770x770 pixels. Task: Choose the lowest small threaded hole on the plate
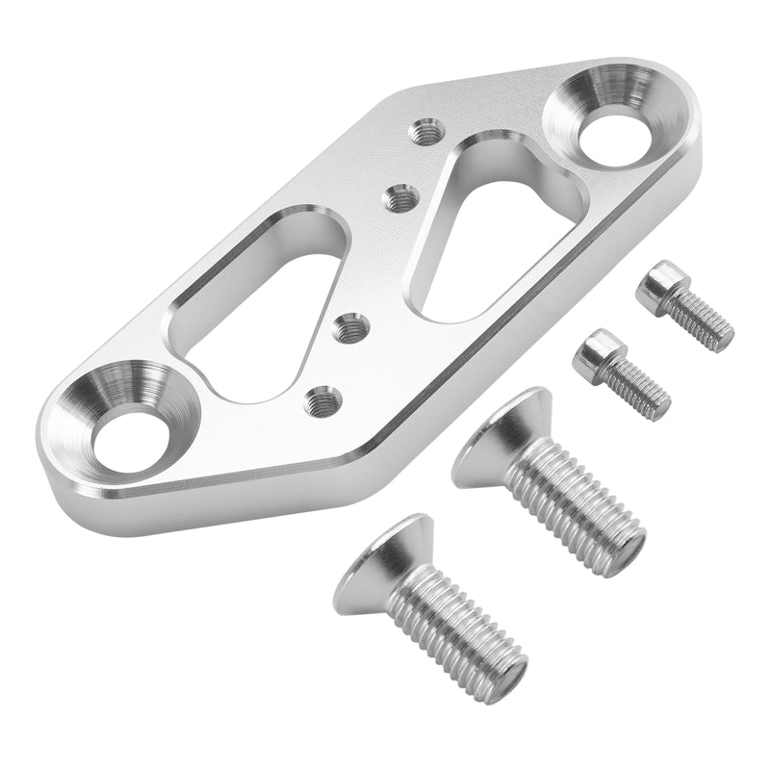(322, 398)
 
